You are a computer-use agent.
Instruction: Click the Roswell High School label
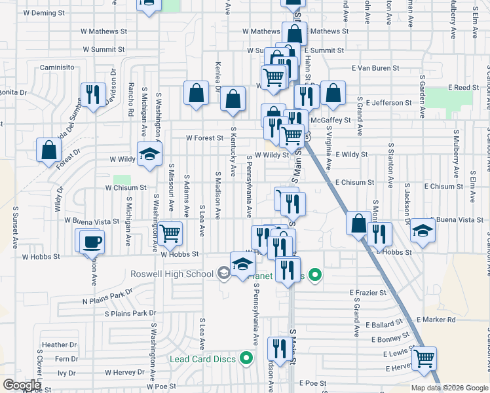173,274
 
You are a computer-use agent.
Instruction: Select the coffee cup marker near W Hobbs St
91,242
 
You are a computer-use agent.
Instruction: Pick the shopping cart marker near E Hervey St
424,359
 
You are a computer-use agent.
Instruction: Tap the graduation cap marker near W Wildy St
149,155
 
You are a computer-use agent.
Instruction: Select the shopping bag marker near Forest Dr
49,150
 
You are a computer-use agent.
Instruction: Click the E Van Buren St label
375,68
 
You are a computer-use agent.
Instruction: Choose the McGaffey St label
327,120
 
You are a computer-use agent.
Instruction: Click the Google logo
22,385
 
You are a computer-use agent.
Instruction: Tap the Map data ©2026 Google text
449,387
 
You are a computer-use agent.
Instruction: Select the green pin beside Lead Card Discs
246,358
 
